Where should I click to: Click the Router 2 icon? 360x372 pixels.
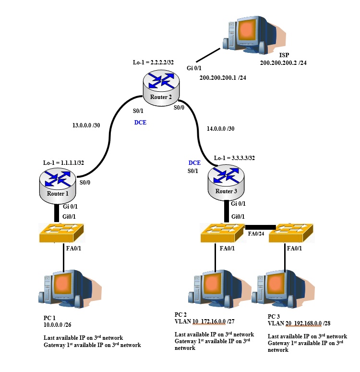pos(161,87)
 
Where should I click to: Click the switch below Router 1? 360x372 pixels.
pos(63,233)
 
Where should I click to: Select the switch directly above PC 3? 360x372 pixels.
pos(291,233)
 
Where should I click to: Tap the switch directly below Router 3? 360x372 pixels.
pos(223,233)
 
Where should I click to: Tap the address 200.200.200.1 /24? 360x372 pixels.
pos(222,77)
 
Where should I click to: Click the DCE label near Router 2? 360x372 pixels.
pos(140,123)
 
